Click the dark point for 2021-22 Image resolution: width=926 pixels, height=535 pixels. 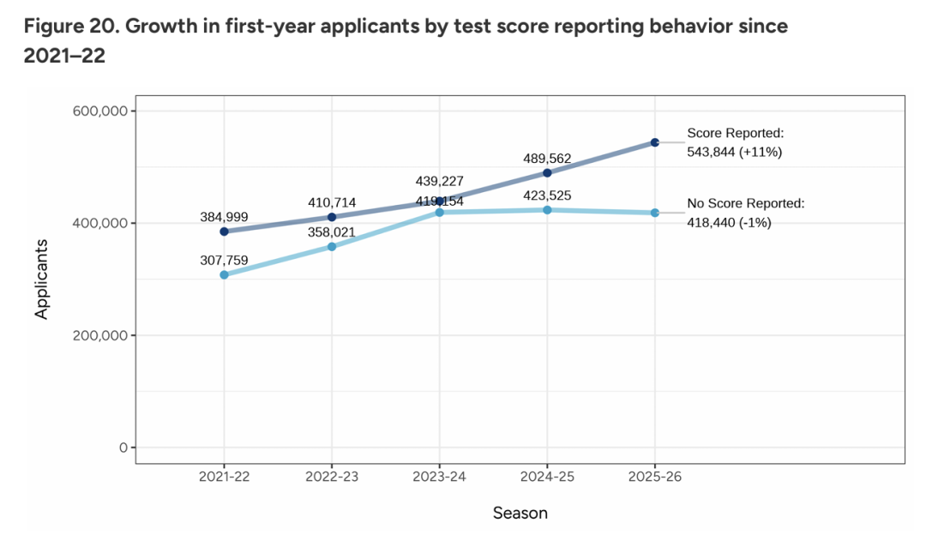click(224, 231)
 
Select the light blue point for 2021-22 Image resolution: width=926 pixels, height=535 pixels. click(224, 274)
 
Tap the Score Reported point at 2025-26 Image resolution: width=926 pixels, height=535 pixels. click(654, 142)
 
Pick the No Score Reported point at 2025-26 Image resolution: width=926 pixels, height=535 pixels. click(654, 213)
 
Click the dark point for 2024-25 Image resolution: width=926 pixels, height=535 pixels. click(547, 172)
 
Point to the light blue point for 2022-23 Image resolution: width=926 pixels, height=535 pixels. click(332, 247)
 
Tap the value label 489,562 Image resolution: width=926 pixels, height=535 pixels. click(547, 158)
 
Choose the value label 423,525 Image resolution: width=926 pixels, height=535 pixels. click(547, 195)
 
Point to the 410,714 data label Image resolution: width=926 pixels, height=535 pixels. click(332, 202)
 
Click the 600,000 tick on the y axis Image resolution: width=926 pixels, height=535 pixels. click(98, 111)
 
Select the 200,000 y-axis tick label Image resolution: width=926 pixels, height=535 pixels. click(98, 335)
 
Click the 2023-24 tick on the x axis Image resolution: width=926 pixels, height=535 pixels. click(440, 477)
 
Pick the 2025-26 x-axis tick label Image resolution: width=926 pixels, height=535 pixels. click(654, 477)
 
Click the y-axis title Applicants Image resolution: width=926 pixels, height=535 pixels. click(41, 280)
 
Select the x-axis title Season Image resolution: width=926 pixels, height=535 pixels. click(520, 514)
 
